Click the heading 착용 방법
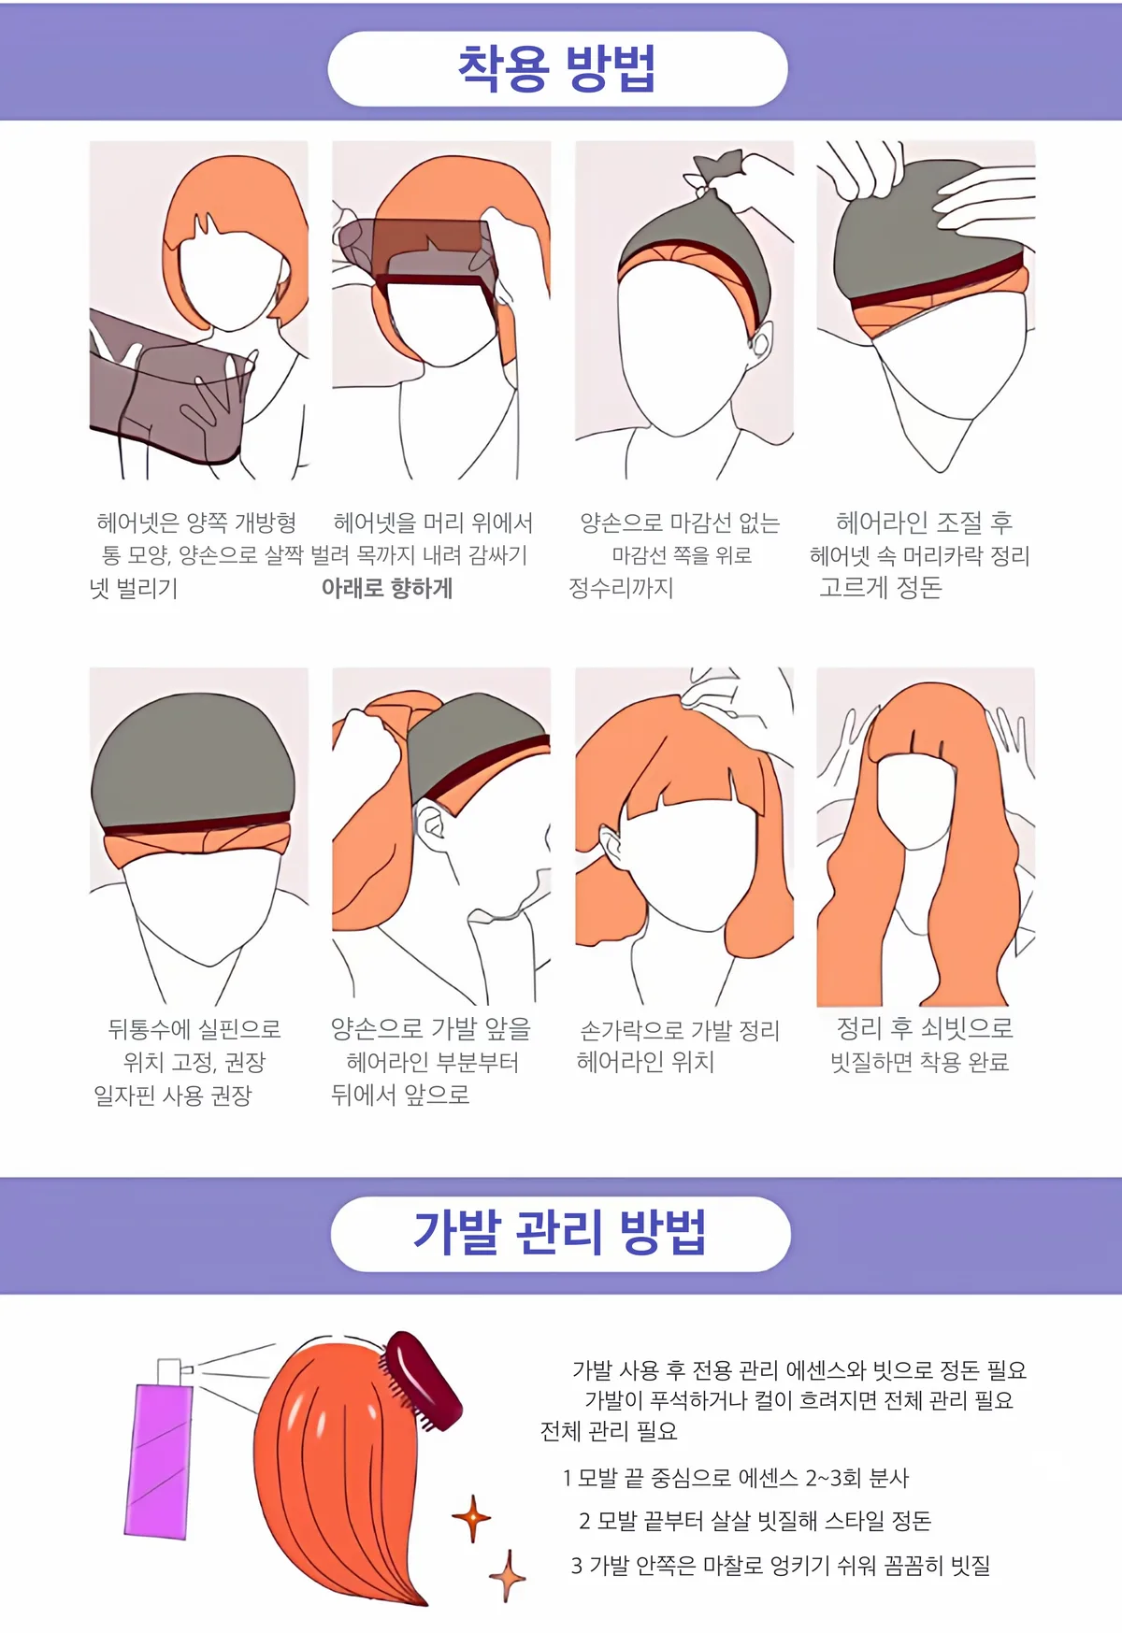(x=557, y=68)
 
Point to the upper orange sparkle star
(x=471, y=1518)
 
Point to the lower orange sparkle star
(x=508, y=1576)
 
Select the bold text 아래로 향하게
(x=387, y=588)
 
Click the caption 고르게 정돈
(x=881, y=587)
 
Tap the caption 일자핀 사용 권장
(x=173, y=1096)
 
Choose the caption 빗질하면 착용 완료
(x=920, y=1062)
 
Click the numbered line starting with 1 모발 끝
(x=736, y=1478)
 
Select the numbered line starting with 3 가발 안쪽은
(x=781, y=1565)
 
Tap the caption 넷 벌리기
(x=133, y=589)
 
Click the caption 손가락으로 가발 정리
(x=680, y=1030)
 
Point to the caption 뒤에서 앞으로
(x=400, y=1095)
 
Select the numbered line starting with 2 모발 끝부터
(x=755, y=1521)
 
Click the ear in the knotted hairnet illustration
(x=759, y=339)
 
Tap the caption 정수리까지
(x=622, y=588)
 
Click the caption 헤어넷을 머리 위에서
(x=433, y=523)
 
